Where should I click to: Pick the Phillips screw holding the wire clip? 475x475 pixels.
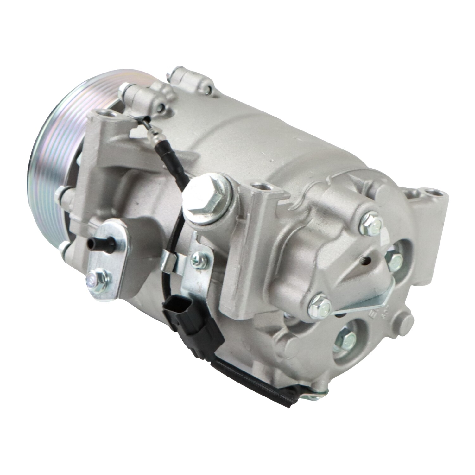pyautogui.click(x=197, y=261)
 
